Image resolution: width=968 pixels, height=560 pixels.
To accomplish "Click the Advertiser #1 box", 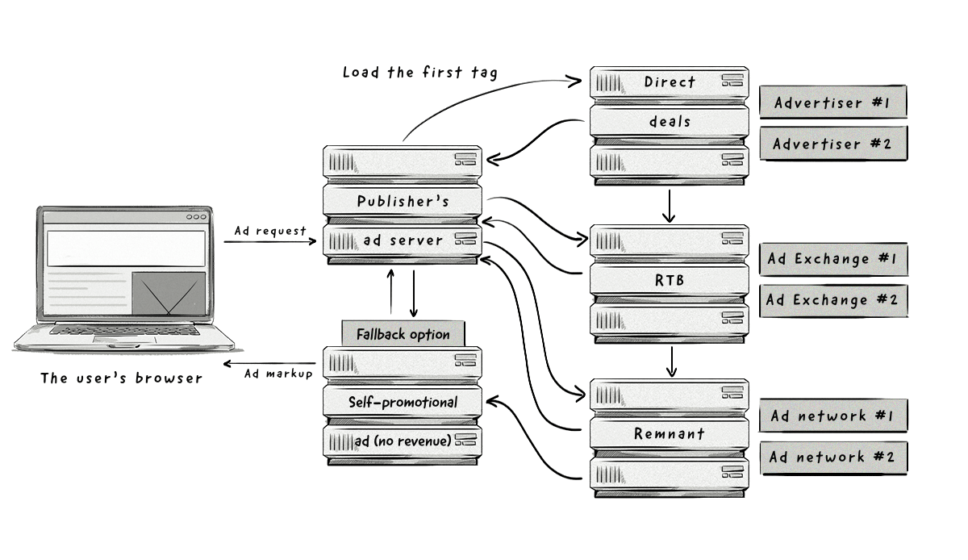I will (x=832, y=102).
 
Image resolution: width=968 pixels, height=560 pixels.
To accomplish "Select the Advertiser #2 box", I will (x=832, y=144).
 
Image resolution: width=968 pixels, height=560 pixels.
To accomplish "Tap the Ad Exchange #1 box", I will (x=832, y=259).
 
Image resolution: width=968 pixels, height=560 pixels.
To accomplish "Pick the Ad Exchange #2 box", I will (x=832, y=299).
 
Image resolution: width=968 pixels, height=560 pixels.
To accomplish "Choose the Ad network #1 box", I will (x=832, y=416).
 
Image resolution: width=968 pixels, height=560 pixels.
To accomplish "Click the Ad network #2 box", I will (x=832, y=457).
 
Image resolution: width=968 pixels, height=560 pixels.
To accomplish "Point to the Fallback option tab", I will (x=403, y=334).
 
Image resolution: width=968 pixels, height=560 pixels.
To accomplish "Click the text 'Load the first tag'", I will (x=420, y=73).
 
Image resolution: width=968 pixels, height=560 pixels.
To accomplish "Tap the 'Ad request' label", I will (x=270, y=232).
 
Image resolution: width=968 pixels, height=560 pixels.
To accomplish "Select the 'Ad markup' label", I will (x=277, y=374).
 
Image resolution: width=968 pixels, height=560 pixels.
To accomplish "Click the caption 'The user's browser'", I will (x=122, y=378).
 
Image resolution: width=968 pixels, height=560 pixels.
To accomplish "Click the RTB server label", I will (x=669, y=279).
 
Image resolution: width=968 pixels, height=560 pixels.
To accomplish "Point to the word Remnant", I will (x=669, y=434).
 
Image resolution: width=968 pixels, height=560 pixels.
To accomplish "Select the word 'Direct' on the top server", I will (x=669, y=81).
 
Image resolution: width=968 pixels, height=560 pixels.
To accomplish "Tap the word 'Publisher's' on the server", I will (x=403, y=201).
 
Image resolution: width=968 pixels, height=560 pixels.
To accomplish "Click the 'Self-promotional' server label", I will (x=403, y=402).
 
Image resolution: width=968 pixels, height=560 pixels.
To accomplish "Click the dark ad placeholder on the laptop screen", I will (x=168, y=293).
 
